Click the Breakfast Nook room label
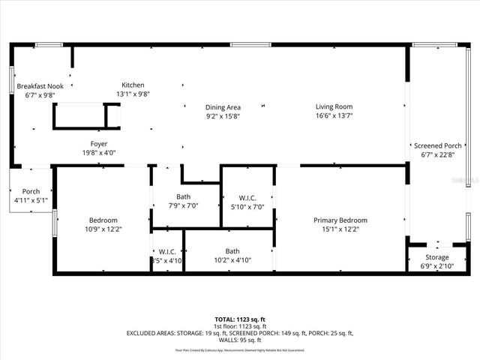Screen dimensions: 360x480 click(40, 86)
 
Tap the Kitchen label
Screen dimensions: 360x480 click(133, 85)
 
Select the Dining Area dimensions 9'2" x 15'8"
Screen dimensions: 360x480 click(223, 116)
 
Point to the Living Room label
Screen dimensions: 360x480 click(334, 106)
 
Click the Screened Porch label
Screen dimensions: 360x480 click(437, 145)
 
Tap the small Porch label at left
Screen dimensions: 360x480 click(31, 190)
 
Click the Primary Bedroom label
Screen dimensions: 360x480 click(340, 220)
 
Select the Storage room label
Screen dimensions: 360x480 click(437, 257)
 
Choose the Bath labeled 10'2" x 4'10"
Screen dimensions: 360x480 click(232, 251)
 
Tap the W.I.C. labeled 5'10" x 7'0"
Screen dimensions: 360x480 click(247, 198)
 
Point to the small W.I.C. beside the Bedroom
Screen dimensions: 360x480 click(166, 251)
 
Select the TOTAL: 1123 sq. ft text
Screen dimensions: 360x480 click(240, 319)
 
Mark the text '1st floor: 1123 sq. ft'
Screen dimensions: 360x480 click(240, 326)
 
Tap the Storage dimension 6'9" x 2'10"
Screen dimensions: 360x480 click(437, 266)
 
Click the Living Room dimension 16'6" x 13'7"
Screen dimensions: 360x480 click(334, 116)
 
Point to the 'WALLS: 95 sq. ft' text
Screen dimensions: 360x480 click(240, 340)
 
